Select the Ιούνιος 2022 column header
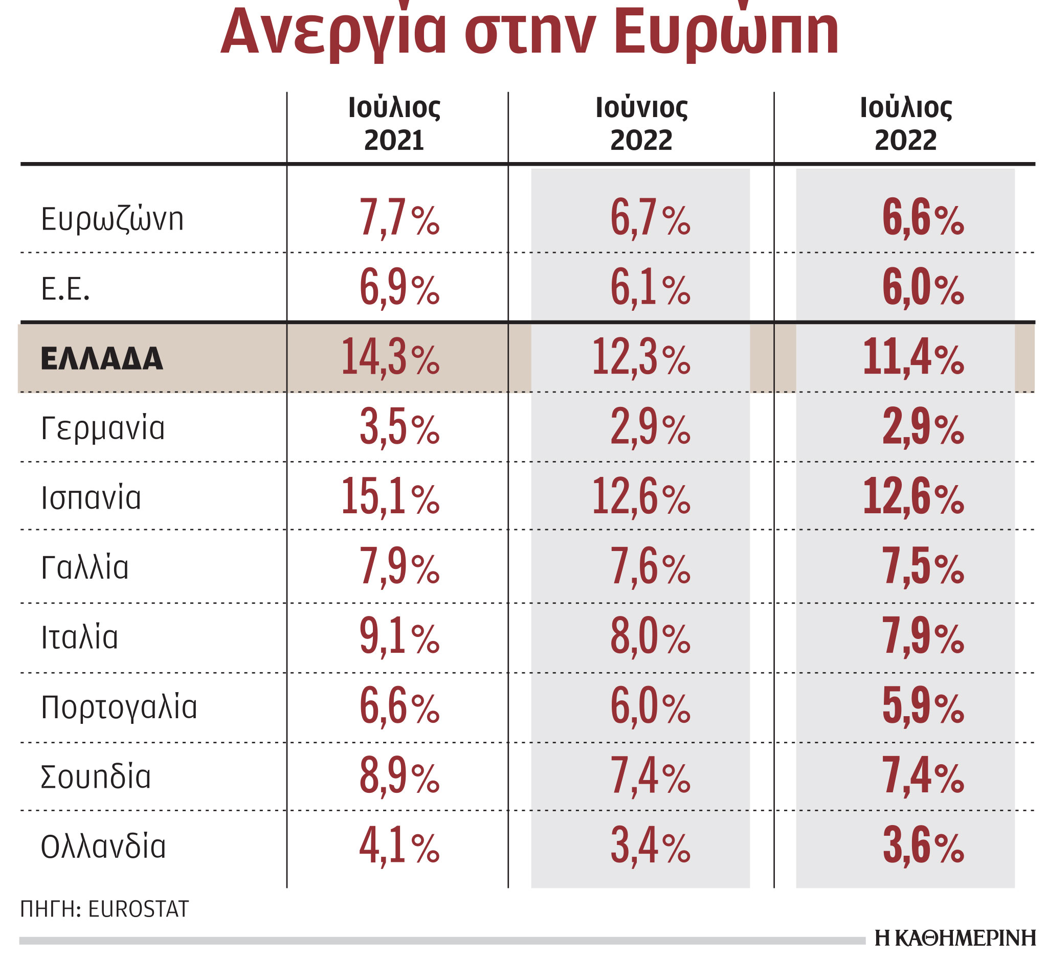coord(641,124)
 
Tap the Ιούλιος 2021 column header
coord(394,124)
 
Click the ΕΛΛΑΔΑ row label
coord(102,359)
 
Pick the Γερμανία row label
coord(103,428)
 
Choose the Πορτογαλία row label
coord(119,707)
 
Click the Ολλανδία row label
coord(103,847)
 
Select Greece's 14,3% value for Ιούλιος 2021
coord(390,357)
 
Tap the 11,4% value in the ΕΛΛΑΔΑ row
coord(913,357)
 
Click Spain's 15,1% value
coord(390,497)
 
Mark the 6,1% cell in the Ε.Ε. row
coord(650,288)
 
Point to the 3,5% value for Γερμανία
coord(399,428)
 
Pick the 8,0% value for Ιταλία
coord(650,637)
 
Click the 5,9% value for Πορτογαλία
coord(923,707)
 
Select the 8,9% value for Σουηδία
coord(399,777)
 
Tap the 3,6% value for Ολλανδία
coord(923,847)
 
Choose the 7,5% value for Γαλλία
coord(923,567)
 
